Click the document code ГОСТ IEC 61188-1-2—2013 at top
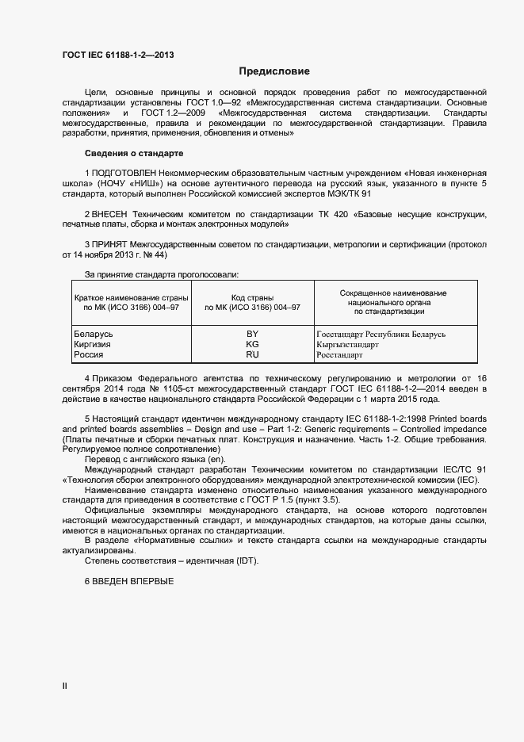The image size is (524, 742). point(118,55)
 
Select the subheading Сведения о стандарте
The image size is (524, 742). point(133,152)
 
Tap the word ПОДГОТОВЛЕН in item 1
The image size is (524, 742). point(125,172)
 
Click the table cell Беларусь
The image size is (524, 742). point(94,334)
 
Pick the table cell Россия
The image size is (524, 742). point(88,355)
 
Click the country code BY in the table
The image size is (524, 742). point(253,334)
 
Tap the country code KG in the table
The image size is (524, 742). point(253,344)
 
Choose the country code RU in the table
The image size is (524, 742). point(253,355)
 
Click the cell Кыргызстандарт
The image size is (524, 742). point(347,345)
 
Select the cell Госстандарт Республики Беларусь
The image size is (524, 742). point(381,335)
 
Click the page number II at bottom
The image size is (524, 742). point(64,685)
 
